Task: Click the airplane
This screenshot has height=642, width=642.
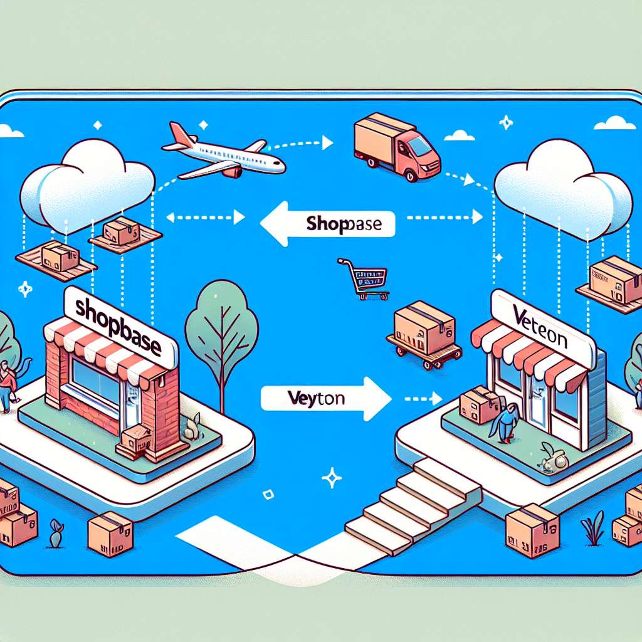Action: pos(226,154)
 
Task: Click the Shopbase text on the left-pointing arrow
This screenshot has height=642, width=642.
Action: pos(342,225)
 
